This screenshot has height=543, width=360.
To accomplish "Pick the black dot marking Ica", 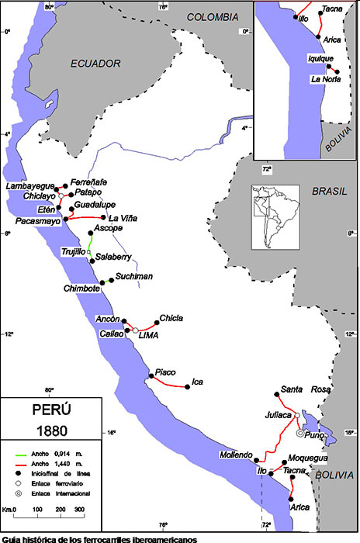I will (189, 386).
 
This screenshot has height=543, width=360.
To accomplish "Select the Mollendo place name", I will (237, 455).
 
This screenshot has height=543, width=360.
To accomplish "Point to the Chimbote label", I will (81, 289).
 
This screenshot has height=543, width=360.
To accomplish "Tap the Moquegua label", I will (297, 458).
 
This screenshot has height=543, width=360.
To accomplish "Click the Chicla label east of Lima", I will (171, 318).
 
